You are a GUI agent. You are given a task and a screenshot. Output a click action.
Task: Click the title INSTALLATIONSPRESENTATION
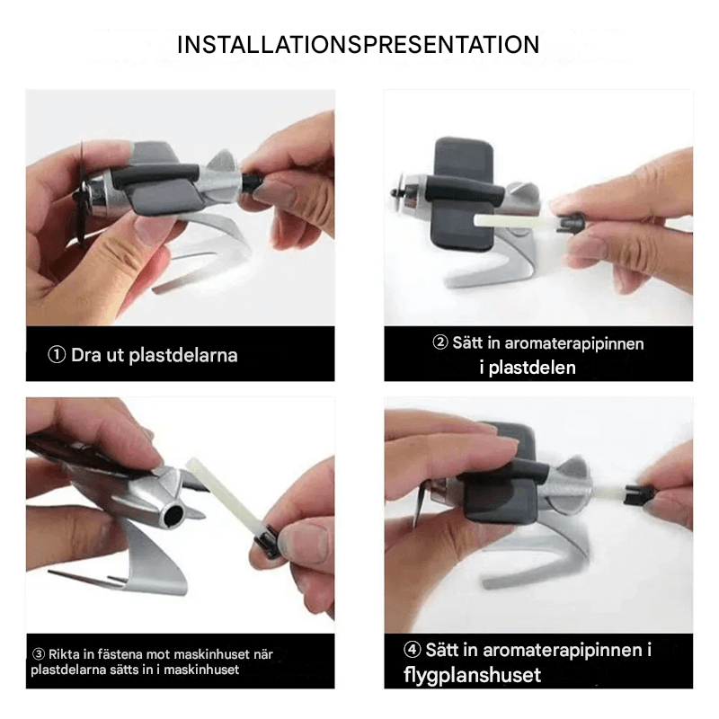click(358, 44)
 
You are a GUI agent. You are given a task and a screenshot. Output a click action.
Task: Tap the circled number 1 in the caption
click(56, 355)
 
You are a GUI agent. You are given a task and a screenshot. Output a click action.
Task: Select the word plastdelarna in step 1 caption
click(183, 355)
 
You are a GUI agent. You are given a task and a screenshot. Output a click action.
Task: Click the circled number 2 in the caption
click(440, 343)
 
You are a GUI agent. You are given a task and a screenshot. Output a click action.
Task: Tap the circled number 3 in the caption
click(39, 653)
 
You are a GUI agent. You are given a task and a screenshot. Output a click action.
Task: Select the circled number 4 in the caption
click(412, 650)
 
